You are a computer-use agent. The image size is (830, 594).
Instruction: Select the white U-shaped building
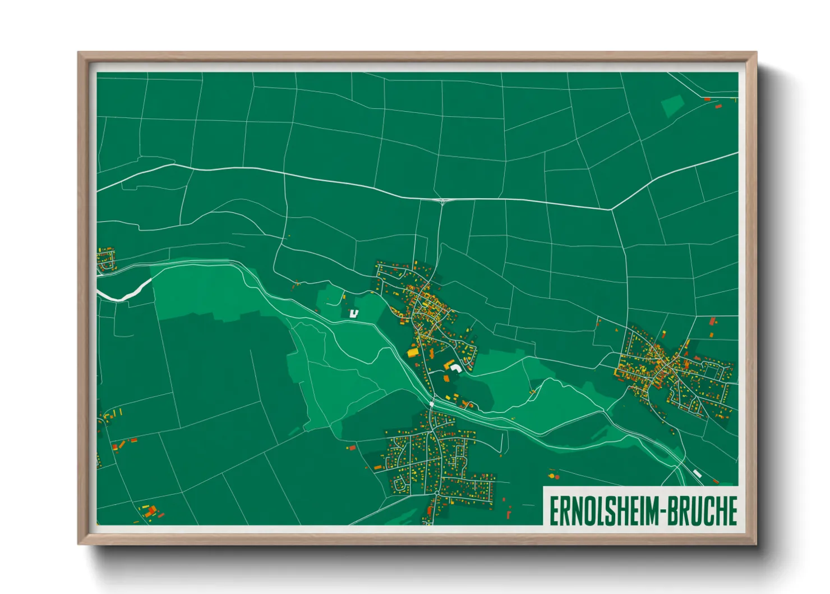tap(354, 313)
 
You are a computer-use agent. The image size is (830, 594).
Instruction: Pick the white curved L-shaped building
tap(455, 368)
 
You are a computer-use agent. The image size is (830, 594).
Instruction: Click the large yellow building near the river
tap(413, 353)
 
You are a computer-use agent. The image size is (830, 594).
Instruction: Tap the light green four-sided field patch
tap(672, 105)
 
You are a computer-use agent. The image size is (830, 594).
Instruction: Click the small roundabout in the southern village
tap(436, 492)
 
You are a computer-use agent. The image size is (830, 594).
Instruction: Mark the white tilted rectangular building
tap(697, 474)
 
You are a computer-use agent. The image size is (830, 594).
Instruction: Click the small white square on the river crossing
tap(432, 404)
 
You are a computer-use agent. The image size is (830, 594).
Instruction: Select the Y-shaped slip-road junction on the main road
tap(442, 200)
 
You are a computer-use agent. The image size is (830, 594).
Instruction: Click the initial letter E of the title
tap(554, 511)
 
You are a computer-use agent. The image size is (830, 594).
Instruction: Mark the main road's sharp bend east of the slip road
tap(611, 210)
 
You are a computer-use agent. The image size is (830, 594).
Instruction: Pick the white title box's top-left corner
tap(543, 487)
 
